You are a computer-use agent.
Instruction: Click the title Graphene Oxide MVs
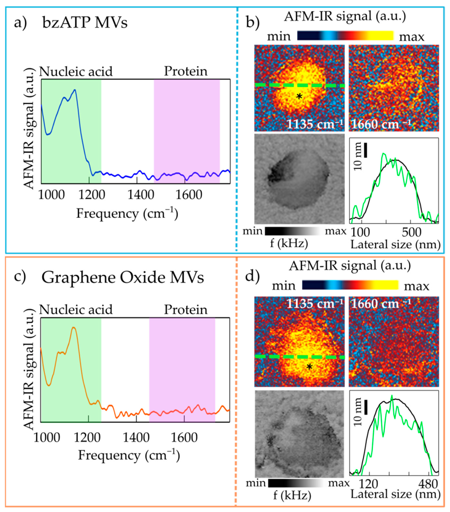123,278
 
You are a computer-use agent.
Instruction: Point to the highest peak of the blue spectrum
74,90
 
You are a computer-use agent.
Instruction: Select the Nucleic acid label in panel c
76,310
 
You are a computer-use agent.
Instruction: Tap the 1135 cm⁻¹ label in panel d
314,304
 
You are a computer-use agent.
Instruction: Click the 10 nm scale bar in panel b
365,150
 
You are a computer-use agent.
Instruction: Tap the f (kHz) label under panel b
289,243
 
